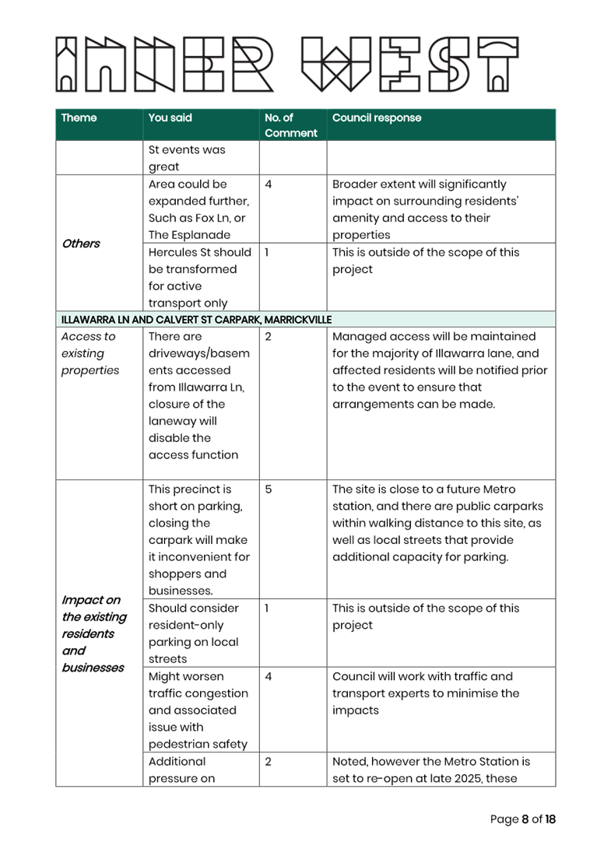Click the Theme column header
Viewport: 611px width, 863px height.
click(79, 118)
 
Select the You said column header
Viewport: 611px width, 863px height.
click(170, 118)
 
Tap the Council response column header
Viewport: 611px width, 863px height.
click(377, 118)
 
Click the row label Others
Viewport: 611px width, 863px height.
click(81, 244)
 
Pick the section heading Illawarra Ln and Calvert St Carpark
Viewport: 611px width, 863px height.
click(196, 320)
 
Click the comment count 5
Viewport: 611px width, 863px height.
click(269, 489)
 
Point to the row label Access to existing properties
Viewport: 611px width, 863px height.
click(90, 353)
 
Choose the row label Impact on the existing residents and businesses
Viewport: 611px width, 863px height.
click(93, 633)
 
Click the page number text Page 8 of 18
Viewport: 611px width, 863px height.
click(522, 819)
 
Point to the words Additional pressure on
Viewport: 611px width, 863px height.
click(181, 770)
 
